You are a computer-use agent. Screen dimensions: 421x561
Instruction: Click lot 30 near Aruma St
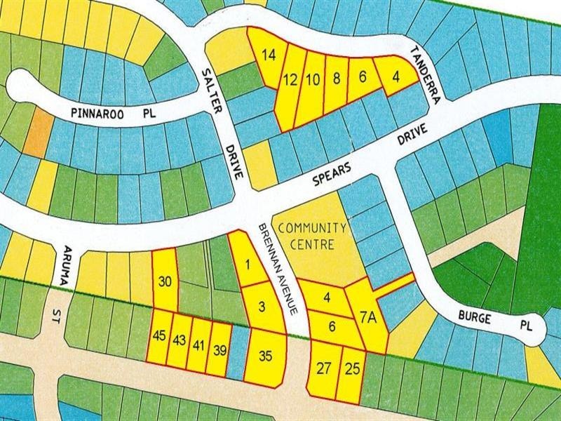click(165, 282)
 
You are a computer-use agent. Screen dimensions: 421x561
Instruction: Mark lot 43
click(179, 340)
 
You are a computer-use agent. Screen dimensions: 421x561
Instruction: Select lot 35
click(265, 356)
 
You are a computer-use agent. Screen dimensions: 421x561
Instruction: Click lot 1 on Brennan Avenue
click(247, 265)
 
